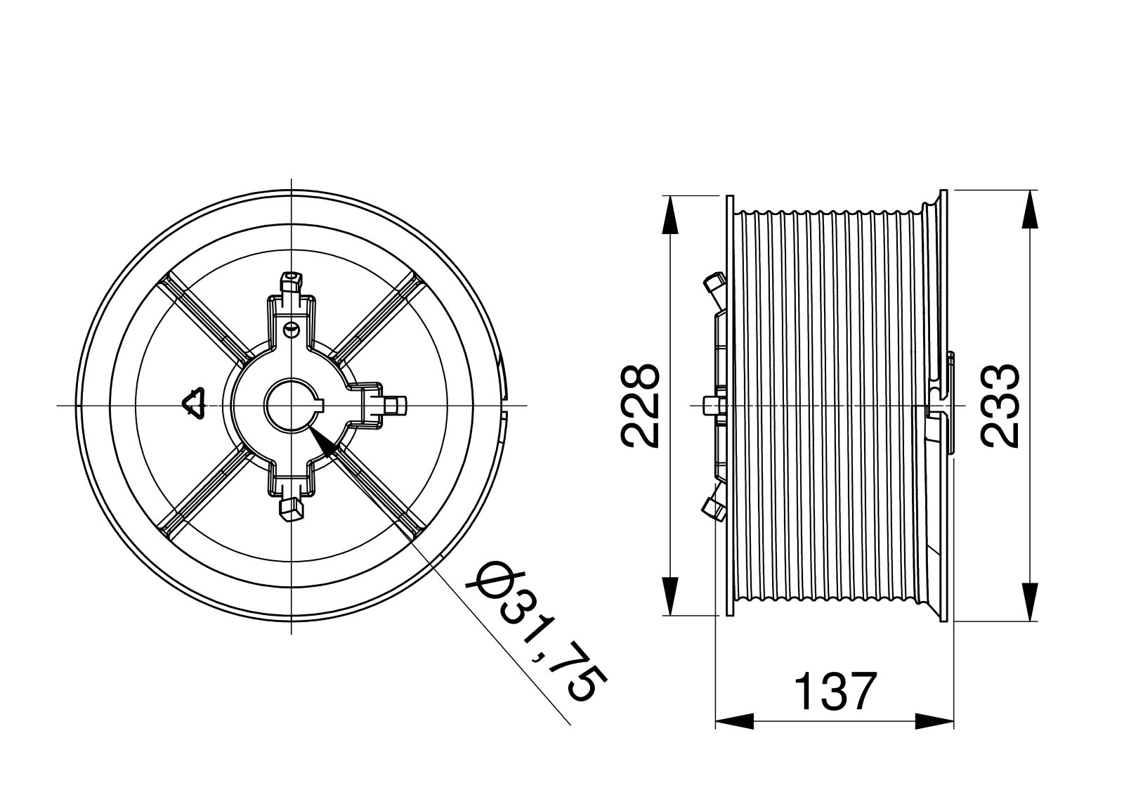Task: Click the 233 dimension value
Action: tap(1000, 406)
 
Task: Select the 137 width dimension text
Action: tap(836, 692)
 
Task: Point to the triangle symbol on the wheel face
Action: tap(194, 403)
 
